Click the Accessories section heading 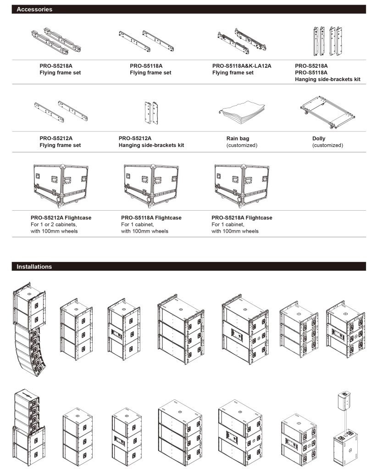(34, 9)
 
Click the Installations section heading (34, 267)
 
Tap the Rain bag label (238, 138)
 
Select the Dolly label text (319, 138)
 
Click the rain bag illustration (242, 112)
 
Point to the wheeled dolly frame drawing (327, 112)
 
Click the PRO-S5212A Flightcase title (61, 218)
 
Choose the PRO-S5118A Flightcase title (151, 218)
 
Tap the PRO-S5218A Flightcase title (242, 218)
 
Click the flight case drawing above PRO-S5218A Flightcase (242, 185)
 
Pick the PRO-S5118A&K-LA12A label (242, 66)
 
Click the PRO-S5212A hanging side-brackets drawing (151, 113)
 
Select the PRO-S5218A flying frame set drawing (56, 41)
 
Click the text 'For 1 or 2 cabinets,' (54, 224)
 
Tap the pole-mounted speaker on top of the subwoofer (344, 401)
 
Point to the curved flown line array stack (30, 329)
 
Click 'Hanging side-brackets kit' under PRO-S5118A (327, 79)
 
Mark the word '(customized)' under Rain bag (242, 145)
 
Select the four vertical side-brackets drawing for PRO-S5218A (327, 41)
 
